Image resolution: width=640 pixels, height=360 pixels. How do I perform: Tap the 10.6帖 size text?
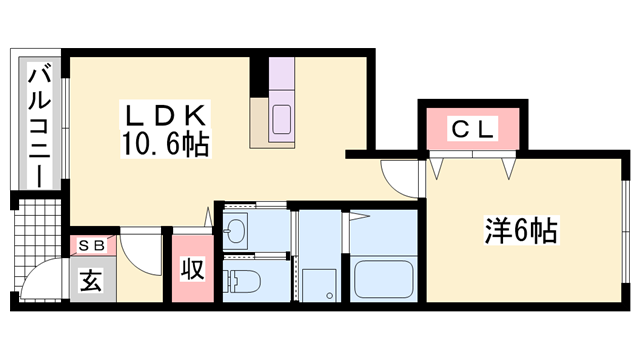click(166, 146)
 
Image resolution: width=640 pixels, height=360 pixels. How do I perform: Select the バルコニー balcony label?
click(39, 126)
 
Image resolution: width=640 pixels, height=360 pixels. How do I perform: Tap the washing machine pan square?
click(321, 282)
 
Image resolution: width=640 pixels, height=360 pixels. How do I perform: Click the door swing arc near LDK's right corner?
click(398, 180)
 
